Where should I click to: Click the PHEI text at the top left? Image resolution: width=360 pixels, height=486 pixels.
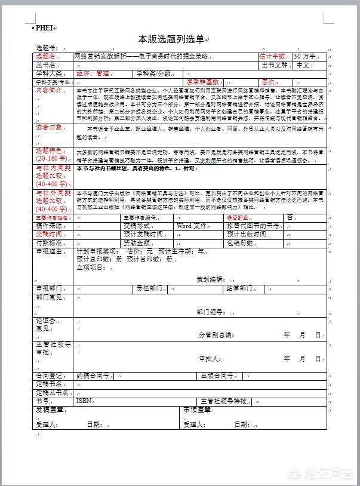tap(44, 27)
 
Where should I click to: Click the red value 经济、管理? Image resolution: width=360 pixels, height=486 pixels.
tap(93, 73)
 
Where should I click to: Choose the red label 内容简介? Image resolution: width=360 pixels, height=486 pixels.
tap(49, 90)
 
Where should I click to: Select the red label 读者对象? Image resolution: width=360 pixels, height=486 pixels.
tap(49, 127)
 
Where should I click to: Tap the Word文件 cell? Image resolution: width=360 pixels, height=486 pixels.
tap(192, 226)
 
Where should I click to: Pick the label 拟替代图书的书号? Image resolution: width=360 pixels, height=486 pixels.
tap(253, 226)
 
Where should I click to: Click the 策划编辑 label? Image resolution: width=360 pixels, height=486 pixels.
tap(210, 279)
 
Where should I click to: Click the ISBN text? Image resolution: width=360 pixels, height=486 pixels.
tap(84, 401)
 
